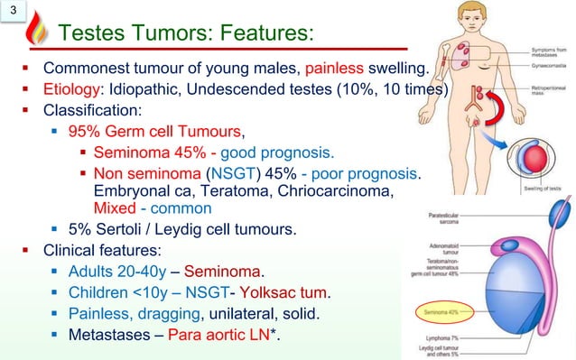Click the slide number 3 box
pos(14,12)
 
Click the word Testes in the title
pos(93,34)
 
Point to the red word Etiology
pos(71,90)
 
